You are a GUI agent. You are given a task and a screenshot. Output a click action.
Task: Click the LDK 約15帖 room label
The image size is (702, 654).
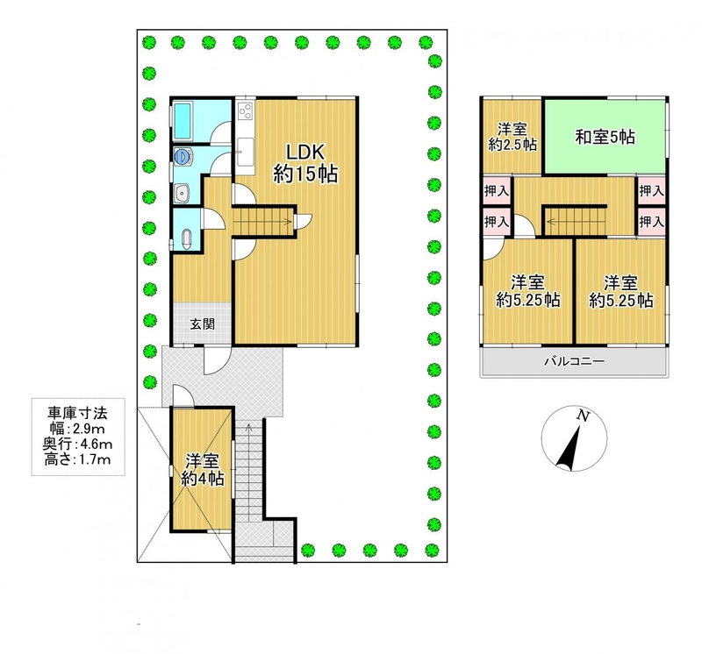click(x=305, y=163)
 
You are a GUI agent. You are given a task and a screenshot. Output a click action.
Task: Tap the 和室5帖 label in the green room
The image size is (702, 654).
click(x=605, y=137)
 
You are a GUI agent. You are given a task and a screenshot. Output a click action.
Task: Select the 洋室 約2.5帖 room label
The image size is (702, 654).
click(x=512, y=138)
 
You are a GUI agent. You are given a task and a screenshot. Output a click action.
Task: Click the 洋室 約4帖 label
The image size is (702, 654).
click(x=203, y=470)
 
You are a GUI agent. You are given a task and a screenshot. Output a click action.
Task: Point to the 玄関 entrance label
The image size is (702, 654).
click(x=203, y=323)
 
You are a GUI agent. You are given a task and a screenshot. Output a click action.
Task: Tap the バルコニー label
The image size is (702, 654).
click(x=575, y=361)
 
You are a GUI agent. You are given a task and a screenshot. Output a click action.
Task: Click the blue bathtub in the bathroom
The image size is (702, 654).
click(x=183, y=121)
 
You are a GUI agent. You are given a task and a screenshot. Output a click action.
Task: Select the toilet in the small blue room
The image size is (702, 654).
click(x=187, y=238)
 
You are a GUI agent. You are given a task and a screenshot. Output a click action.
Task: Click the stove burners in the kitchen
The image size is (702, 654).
click(x=246, y=111)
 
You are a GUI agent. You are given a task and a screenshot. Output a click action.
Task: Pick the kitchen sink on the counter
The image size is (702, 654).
click(x=245, y=151)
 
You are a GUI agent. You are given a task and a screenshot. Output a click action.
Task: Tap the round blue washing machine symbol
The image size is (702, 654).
click(x=182, y=156)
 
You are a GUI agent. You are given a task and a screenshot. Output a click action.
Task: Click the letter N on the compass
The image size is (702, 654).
click(x=583, y=416)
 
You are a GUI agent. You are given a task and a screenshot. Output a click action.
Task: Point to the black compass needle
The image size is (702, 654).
click(x=568, y=449)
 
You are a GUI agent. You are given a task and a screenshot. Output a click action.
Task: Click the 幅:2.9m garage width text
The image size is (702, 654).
click(x=77, y=429)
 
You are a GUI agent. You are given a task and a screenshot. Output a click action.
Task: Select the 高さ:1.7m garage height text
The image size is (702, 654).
click(x=77, y=459)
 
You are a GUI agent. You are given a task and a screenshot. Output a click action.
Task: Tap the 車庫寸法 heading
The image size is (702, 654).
click(x=77, y=413)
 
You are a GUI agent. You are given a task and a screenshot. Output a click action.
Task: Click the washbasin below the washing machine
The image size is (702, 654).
click(x=183, y=193)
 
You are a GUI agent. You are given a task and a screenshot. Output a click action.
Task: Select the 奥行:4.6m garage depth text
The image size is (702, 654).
click(x=77, y=444)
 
